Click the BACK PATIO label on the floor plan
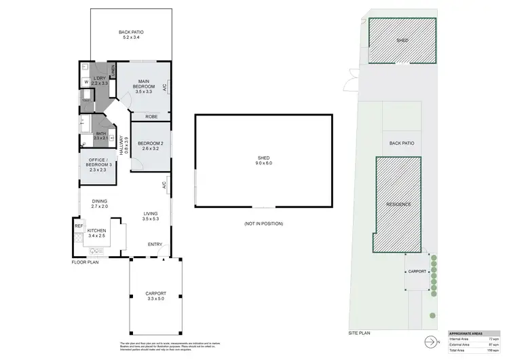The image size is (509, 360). [x=131, y=32]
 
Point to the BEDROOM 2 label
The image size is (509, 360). [x=149, y=143]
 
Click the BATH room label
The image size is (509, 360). [x=100, y=134]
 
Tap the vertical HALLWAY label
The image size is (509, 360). [x=123, y=144]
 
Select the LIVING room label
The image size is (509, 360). [x=150, y=214]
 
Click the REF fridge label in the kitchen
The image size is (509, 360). [x=79, y=225]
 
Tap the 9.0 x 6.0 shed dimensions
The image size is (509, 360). [x=263, y=163]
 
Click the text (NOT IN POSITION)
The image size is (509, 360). [x=263, y=223]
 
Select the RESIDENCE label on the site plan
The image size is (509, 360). [x=398, y=204]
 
